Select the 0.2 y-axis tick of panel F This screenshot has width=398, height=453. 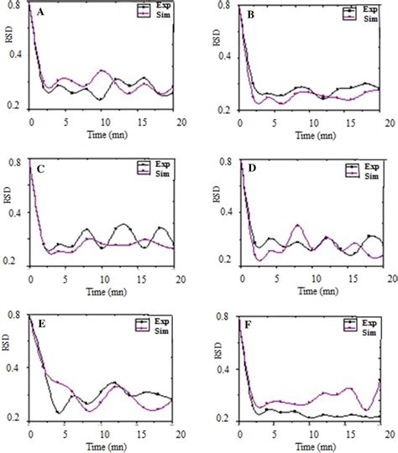pos(228,418)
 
